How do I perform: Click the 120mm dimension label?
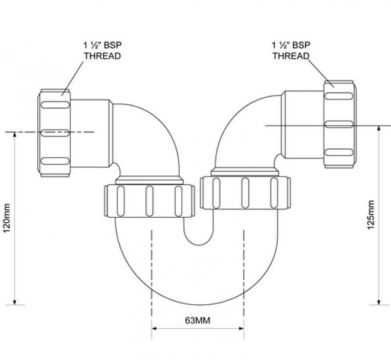pos(7,218)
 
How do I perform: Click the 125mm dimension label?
pos(371,215)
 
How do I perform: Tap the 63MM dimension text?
pos(197,320)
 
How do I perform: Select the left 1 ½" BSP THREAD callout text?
pos(103,50)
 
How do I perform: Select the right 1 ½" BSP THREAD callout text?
pos(291,50)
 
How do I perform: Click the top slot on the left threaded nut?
pos(55,104)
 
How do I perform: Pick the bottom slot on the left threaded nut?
pos(55,161)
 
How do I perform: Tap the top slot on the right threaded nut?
pos(339,96)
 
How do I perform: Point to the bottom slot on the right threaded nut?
pos(339,152)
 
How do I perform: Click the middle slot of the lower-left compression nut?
pos(149,201)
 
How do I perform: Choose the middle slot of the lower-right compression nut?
pos(245,193)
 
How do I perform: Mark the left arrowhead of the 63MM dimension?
pos(154,328)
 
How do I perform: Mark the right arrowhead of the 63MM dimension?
pos(242,328)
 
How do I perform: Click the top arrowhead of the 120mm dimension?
pos(14,135)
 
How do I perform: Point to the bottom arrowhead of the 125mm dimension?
pos(379,302)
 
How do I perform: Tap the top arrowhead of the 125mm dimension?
pos(379,128)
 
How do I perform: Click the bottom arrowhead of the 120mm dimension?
pos(14,302)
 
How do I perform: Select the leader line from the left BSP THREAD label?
pos(73,79)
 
